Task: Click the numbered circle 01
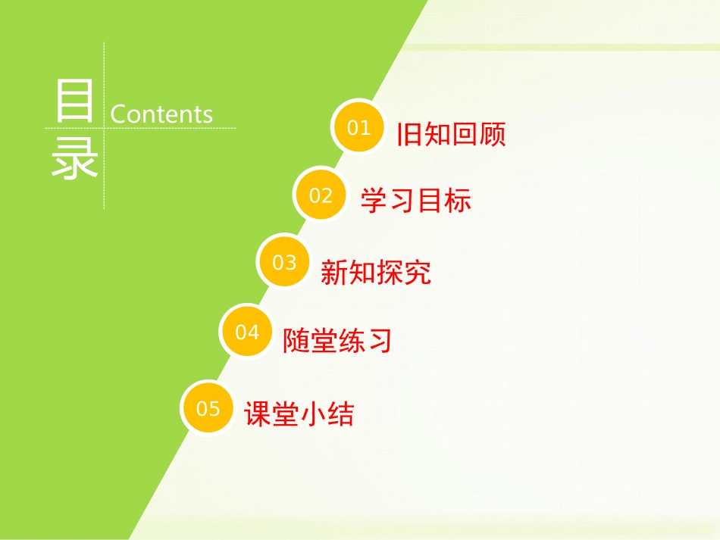(358, 126)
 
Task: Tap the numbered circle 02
(321, 195)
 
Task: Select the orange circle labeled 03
(284, 262)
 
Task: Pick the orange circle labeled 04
(247, 331)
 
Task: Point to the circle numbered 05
(208, 408)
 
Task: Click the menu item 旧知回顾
(451, 134)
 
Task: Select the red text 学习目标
(415, 201)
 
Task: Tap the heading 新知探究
(376, 272)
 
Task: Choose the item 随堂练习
(338, 341)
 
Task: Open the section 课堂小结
(299, 414)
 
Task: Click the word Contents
(161, 114)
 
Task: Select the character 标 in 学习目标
(458, 201)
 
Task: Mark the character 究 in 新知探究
(418, 272)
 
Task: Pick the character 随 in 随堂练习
(296, 341)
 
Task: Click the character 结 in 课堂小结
(341, 414)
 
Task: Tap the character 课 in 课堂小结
(258, 414)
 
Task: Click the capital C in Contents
(119, 114)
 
